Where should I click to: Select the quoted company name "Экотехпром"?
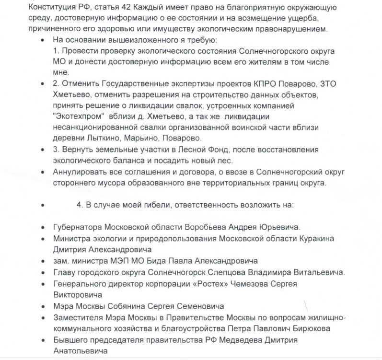click(x=78, y=116)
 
